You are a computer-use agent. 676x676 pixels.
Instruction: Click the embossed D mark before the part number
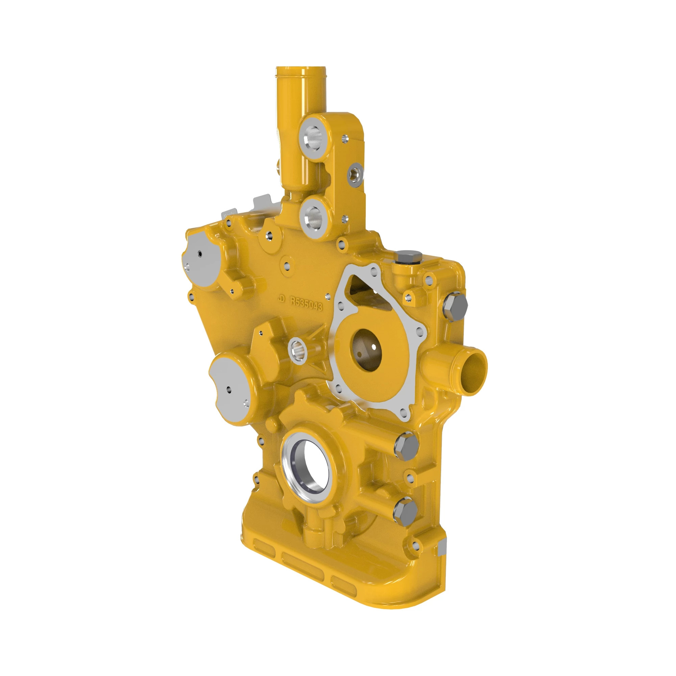tap(281, 298)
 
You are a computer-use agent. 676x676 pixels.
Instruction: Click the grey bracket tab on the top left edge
tap(262, 202)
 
